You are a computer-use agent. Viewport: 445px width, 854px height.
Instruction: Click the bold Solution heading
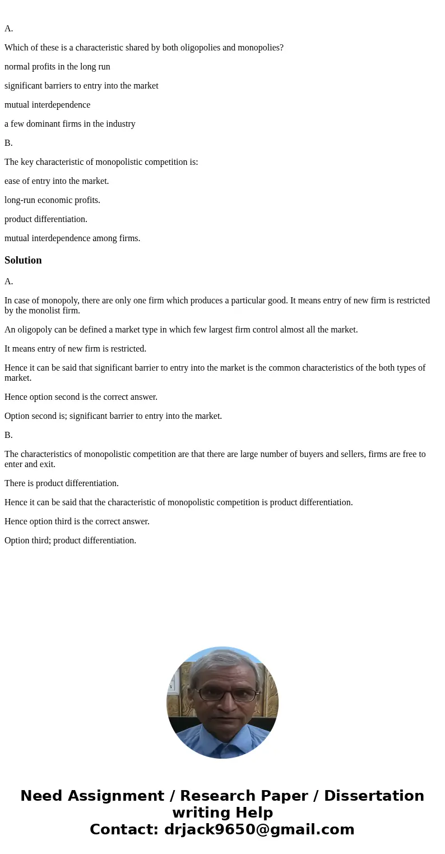(23, 260)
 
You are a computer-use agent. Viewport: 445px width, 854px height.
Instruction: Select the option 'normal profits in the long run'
(57, 67)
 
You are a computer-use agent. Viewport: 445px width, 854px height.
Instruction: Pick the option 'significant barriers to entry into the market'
(81, 86)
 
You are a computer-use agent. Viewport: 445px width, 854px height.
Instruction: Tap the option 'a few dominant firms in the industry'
(70, 124)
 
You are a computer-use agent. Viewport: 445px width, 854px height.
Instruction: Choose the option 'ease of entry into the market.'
(57, 181)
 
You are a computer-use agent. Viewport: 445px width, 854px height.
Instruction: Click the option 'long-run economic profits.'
(52, 200)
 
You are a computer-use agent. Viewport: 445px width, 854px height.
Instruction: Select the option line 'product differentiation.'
(46, 219)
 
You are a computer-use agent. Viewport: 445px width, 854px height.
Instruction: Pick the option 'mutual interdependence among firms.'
(72, 238)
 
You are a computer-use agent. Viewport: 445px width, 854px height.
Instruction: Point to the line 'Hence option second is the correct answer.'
(81, 397)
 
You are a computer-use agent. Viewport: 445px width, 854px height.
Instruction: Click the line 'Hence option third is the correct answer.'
(77, 521)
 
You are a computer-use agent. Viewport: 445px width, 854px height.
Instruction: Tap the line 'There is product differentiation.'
(62, 483)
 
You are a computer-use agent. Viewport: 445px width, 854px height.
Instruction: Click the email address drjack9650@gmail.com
(259, 829)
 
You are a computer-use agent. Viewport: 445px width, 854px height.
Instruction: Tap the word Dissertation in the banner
(374, 796)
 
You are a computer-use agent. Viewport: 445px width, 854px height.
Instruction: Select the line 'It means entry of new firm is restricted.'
(75, 349)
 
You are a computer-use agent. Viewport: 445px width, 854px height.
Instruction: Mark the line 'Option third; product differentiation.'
(70, 541)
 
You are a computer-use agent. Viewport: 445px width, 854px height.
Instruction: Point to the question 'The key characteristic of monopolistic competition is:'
(101, 162)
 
